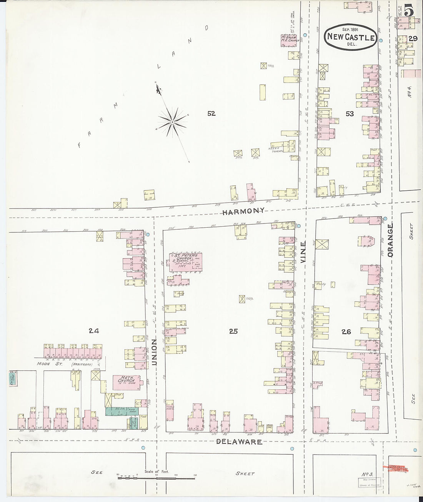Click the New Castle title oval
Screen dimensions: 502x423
[350, 37]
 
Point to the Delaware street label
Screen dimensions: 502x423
[239, 442]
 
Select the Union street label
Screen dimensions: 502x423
[154, 352]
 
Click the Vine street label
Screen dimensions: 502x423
[303, 252]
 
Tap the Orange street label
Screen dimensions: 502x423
[390, 240]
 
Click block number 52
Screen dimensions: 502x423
[211, 113]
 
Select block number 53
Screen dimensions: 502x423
[350, 114]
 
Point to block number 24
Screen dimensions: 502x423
[94, 330]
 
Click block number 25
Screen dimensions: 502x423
[233, 331]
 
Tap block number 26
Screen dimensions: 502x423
[346, 331]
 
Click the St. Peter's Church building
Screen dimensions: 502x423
[186, 262]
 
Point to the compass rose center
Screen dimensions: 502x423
[173, 122]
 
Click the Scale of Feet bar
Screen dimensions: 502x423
[156, 478]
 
